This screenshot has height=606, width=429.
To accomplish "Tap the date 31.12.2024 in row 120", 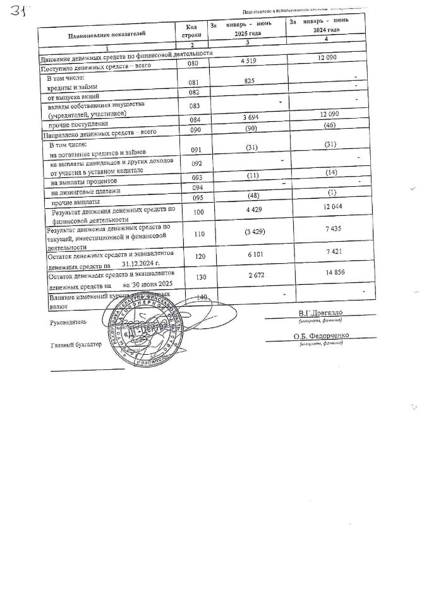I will [x=142, y=263].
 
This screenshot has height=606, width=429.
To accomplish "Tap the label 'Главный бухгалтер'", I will [x=75, y=345].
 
